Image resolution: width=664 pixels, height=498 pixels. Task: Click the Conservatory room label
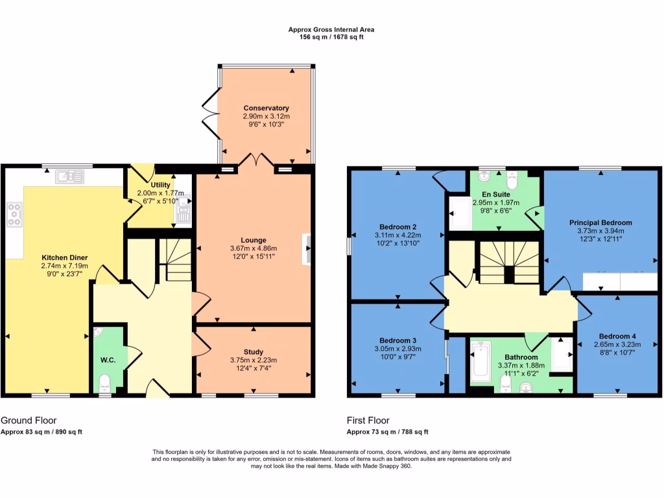(266, 108)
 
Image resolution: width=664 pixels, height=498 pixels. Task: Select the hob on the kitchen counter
(14, 215)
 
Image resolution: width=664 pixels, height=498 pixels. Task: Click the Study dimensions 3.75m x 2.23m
(254, 361)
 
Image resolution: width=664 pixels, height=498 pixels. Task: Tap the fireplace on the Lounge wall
(306, 248)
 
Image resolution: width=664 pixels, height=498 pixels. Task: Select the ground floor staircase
(174, 259)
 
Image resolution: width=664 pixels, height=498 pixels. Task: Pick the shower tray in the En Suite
(460, 213)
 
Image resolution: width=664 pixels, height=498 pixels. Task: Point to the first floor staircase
(509, 263)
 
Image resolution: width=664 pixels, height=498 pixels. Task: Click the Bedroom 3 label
(397, 340)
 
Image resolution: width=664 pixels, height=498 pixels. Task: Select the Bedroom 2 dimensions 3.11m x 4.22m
(397, 235)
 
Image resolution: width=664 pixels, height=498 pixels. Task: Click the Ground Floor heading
(23, 420)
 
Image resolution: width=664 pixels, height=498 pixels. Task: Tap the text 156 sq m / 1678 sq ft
(331, 38)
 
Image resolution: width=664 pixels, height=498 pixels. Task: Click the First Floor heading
(368, 420)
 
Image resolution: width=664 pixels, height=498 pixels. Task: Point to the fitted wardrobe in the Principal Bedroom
(620, 281)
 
